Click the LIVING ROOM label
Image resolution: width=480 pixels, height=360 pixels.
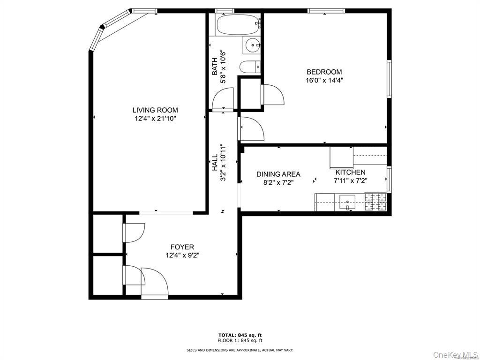pyautogui.click(x=155, y=110)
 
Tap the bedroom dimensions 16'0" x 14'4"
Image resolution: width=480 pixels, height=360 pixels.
pyautogui.click(x=324, y=80)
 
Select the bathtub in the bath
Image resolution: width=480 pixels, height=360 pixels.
pyautogui.click(x=238, y=24)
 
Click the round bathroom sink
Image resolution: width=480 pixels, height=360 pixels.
pyautogui.click(x=253, y=45)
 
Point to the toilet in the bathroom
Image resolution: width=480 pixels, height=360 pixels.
pyautogui.click(x=249, y=67)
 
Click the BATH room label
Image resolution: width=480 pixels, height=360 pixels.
pyautogui.click(x=215, y=66)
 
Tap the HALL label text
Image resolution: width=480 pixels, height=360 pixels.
pyautogui.click(x=215, y=163)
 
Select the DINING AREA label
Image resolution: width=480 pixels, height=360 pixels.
pyautogui.click(x=278, y=174)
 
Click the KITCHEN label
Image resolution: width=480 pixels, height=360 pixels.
pyautogui.click(x=350, y=172)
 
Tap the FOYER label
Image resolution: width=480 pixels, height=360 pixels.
pyautogui.click(x=182, y=247)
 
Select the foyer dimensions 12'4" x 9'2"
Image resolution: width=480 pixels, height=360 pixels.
pyautogui.click(x=182, y=255)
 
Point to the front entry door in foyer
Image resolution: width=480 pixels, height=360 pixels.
pyautogui.click(x=155, y=284)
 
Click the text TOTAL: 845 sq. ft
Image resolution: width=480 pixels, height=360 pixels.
pyautogui.click(x=240, y=335)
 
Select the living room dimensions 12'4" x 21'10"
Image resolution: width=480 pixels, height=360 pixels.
pyautogui.click(x=155, y=119)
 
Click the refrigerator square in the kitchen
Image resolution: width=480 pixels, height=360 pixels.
pyautogui.click(x=341, y=157)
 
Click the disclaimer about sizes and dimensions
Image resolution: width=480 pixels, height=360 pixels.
pyautogui.click(x=240, y=350)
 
